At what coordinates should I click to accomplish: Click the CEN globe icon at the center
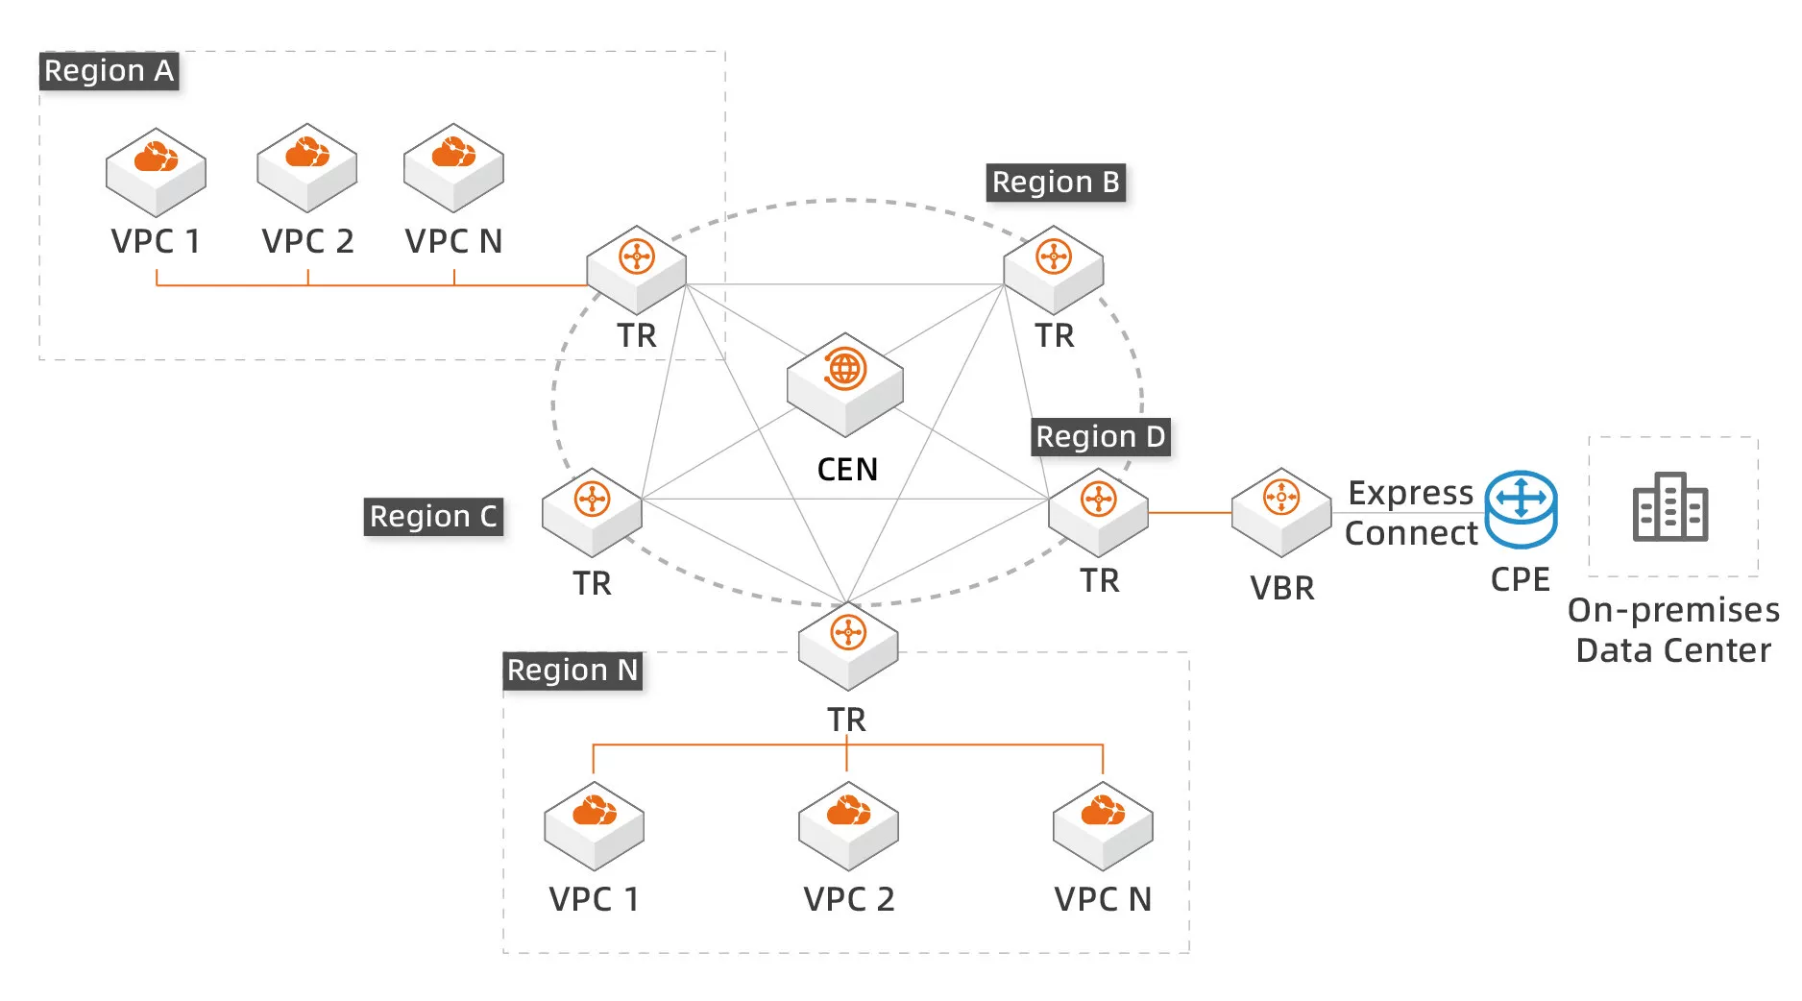point(844,382)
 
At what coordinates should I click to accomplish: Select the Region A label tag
point(109,71)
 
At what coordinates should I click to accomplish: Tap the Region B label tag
point(1056,183)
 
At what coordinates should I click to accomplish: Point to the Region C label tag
point(433,517)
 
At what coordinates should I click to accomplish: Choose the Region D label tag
point(1101,437)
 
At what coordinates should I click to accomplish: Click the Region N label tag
point(572,671)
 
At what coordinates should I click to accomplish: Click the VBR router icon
point(1281,511)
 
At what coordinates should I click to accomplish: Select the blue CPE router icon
point(1521,509)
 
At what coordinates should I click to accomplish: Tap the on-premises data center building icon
point(1670,507)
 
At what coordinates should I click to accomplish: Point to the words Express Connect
point(1410,513)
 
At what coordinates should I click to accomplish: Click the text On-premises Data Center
point(1673,630)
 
